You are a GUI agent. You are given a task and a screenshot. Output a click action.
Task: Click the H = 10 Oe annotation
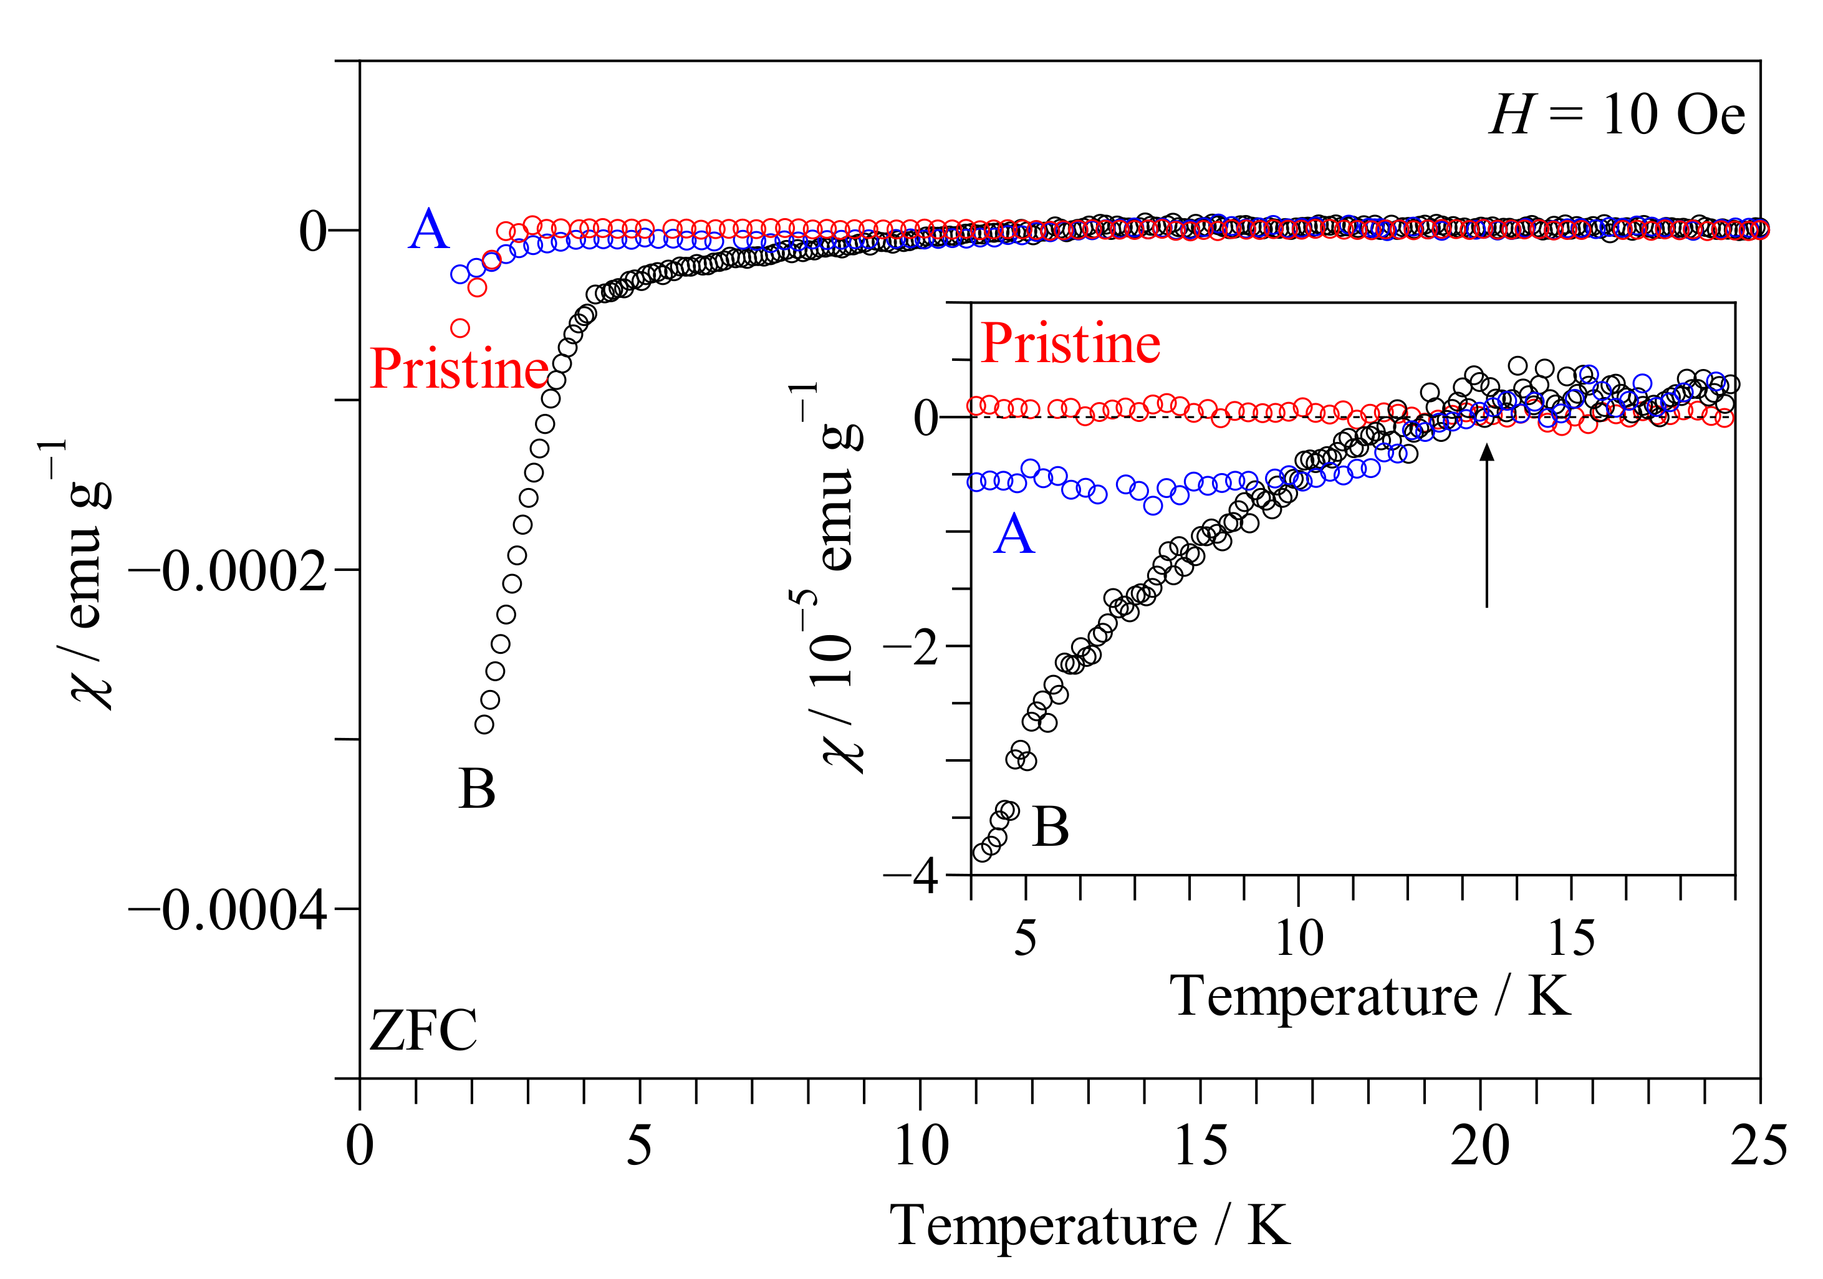tap(1616, 115)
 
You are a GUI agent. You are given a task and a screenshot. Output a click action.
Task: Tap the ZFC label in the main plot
tap(423, 1030)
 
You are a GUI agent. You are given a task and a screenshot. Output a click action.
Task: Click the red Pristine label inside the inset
tap(1070, 344)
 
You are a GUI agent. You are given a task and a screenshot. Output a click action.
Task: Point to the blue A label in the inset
tap(1014, 534)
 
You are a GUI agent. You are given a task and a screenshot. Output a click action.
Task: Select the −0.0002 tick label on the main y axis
tap(228, 572)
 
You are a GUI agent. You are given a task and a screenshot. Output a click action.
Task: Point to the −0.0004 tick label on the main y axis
tap(228, 911)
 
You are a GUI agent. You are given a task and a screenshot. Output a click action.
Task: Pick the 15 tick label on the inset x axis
tap(1570, 939)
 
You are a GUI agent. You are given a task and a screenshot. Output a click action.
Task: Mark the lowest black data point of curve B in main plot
tap(484, 724)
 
